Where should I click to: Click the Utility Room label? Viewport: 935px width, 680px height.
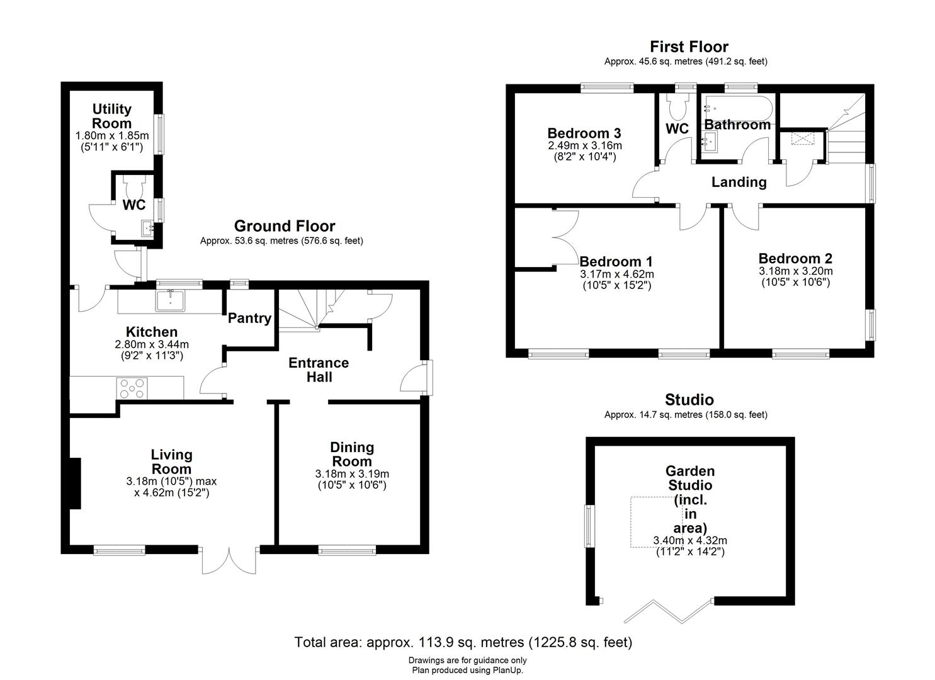pos(112,116)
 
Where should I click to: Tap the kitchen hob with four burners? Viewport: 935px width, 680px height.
pos(132,387)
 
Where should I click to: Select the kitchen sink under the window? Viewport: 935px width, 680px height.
pos(170,301)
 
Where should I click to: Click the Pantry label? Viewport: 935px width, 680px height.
pos(249,319)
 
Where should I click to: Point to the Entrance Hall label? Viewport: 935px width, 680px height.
pos(319,370)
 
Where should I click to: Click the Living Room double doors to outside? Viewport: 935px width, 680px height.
pos(230,559)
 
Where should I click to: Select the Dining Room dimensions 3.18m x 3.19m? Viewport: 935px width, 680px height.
pos(352,480)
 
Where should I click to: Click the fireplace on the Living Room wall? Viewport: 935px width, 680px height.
pos(75,483)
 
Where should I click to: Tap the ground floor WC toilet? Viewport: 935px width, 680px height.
pos(134,186)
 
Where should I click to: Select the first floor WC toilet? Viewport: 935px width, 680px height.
pos(677,108)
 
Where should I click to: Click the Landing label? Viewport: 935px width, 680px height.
pos(739,183)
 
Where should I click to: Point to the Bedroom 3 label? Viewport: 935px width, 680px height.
pos(584,133)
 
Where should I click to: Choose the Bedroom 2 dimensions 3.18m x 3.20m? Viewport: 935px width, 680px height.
pos(795,277)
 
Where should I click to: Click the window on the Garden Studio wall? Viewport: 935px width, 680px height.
pos(590,526)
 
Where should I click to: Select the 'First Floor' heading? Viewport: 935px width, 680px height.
pos(689,47)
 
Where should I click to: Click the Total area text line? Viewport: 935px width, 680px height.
pos(463,642)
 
